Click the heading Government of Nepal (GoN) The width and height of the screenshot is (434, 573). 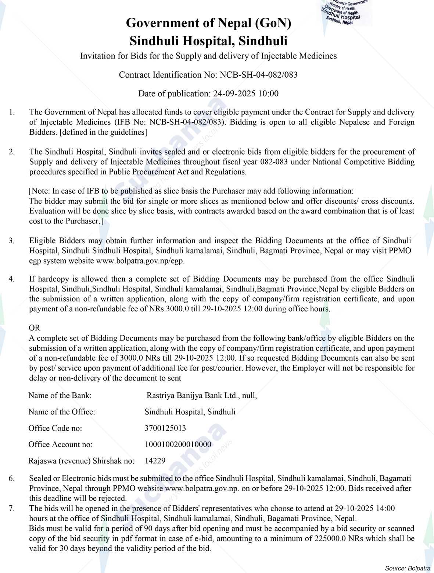pyautogui.click(x=208, y=23)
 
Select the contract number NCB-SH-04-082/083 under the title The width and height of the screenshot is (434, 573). pyautogui.click(x=258, y=75)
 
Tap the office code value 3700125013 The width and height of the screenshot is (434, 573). pyautogui.click(x=165, y=428)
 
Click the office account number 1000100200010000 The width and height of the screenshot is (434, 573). pyautogui.click(x=178, y=444)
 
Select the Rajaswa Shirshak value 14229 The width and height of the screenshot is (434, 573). pyautogui.click(x=155, y=460)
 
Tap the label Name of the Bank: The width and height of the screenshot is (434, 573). pyautogui.click(x=60, y=396)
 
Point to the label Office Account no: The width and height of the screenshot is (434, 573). pyautogui.click(x=60, y=444)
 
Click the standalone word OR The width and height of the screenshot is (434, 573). pyautogui.click(x=35, y=328)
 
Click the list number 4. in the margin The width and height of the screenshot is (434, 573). pyautogui.click(x=12, y=279)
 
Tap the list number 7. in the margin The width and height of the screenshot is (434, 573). pyautogui.click(x=12, y=509)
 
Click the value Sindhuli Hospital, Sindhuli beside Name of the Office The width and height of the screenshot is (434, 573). pyautogui.click(x=190, y=412)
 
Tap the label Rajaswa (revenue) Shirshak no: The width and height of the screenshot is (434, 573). pyautogui.click(x=81, y=460)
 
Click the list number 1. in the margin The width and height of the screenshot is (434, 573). pyautogui.click(x=12, y=112)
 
